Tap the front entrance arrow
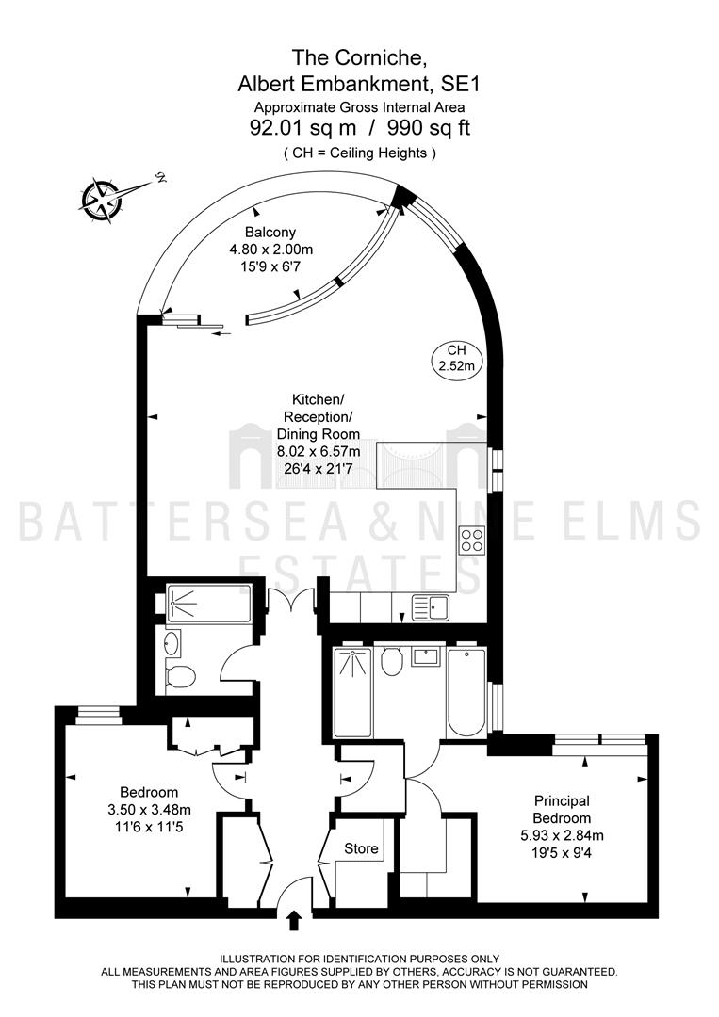coord(294,920)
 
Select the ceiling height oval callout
coord(457,358)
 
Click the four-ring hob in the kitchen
coord(472,541)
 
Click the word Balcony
coord(270,232)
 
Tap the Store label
coord(362,848)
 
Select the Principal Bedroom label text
coord(562,810)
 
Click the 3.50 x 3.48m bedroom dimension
coord(149,810)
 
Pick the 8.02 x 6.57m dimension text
coord(319,450)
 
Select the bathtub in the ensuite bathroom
coord(466,691)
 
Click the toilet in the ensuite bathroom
coord(392,660)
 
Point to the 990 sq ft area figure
coord(429,128)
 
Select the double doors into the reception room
coord(291,593)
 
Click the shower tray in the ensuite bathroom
coord(353,692)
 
